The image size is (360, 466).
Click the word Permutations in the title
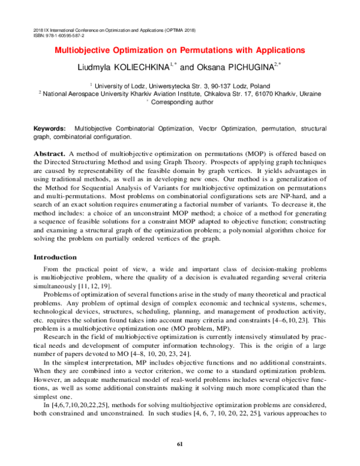pos(204,50)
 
